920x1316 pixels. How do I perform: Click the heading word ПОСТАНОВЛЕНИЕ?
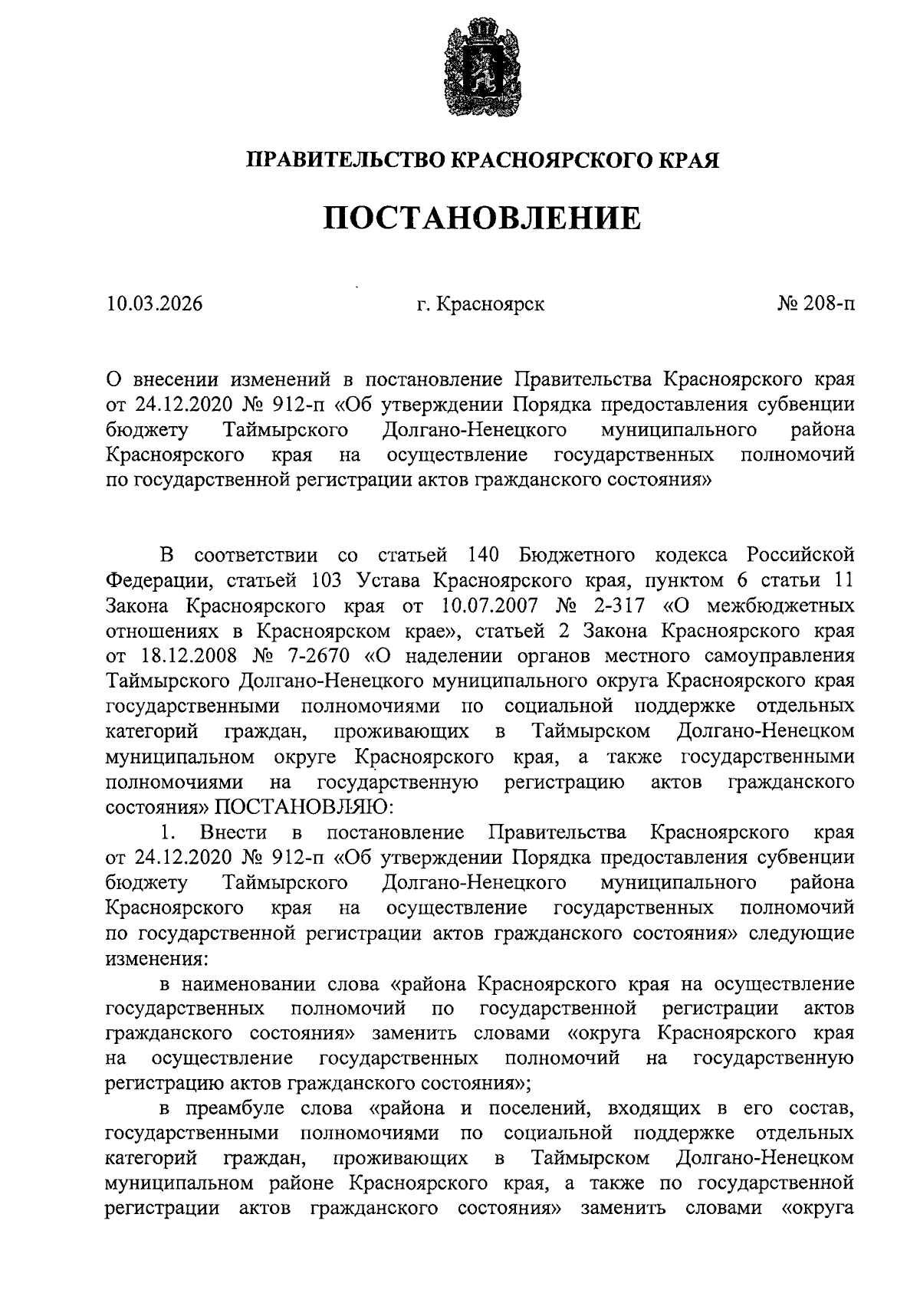(x=481, y=218)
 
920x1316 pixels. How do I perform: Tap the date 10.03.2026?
(x=155, y=304)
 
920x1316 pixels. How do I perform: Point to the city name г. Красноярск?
(x=481, y=304)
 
